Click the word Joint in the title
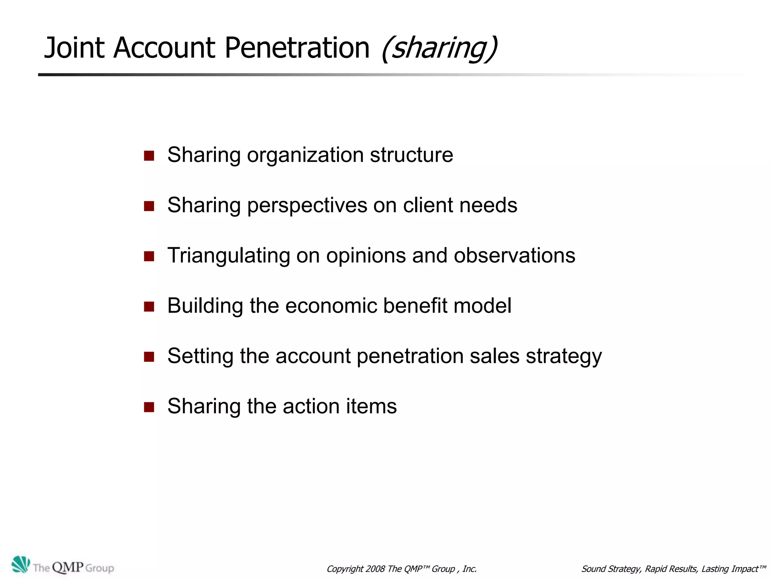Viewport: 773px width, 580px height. pos(74,48)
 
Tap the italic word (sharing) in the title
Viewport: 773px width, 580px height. pos(439,48)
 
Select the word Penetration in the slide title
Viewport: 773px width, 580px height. pos(297,48)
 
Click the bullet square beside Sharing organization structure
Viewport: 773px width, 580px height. pos(149,156)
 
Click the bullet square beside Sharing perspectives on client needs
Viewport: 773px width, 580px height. pos(149,206)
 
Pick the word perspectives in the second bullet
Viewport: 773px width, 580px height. pos(307,206)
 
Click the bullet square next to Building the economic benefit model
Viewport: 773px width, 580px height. pos(149,307)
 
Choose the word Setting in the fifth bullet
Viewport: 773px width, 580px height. pos(200,356)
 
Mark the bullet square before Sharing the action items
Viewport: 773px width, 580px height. pos(149,407)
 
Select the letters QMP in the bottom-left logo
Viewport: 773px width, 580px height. pos(68,568)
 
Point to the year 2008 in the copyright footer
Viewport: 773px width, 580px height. pos(375,569)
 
